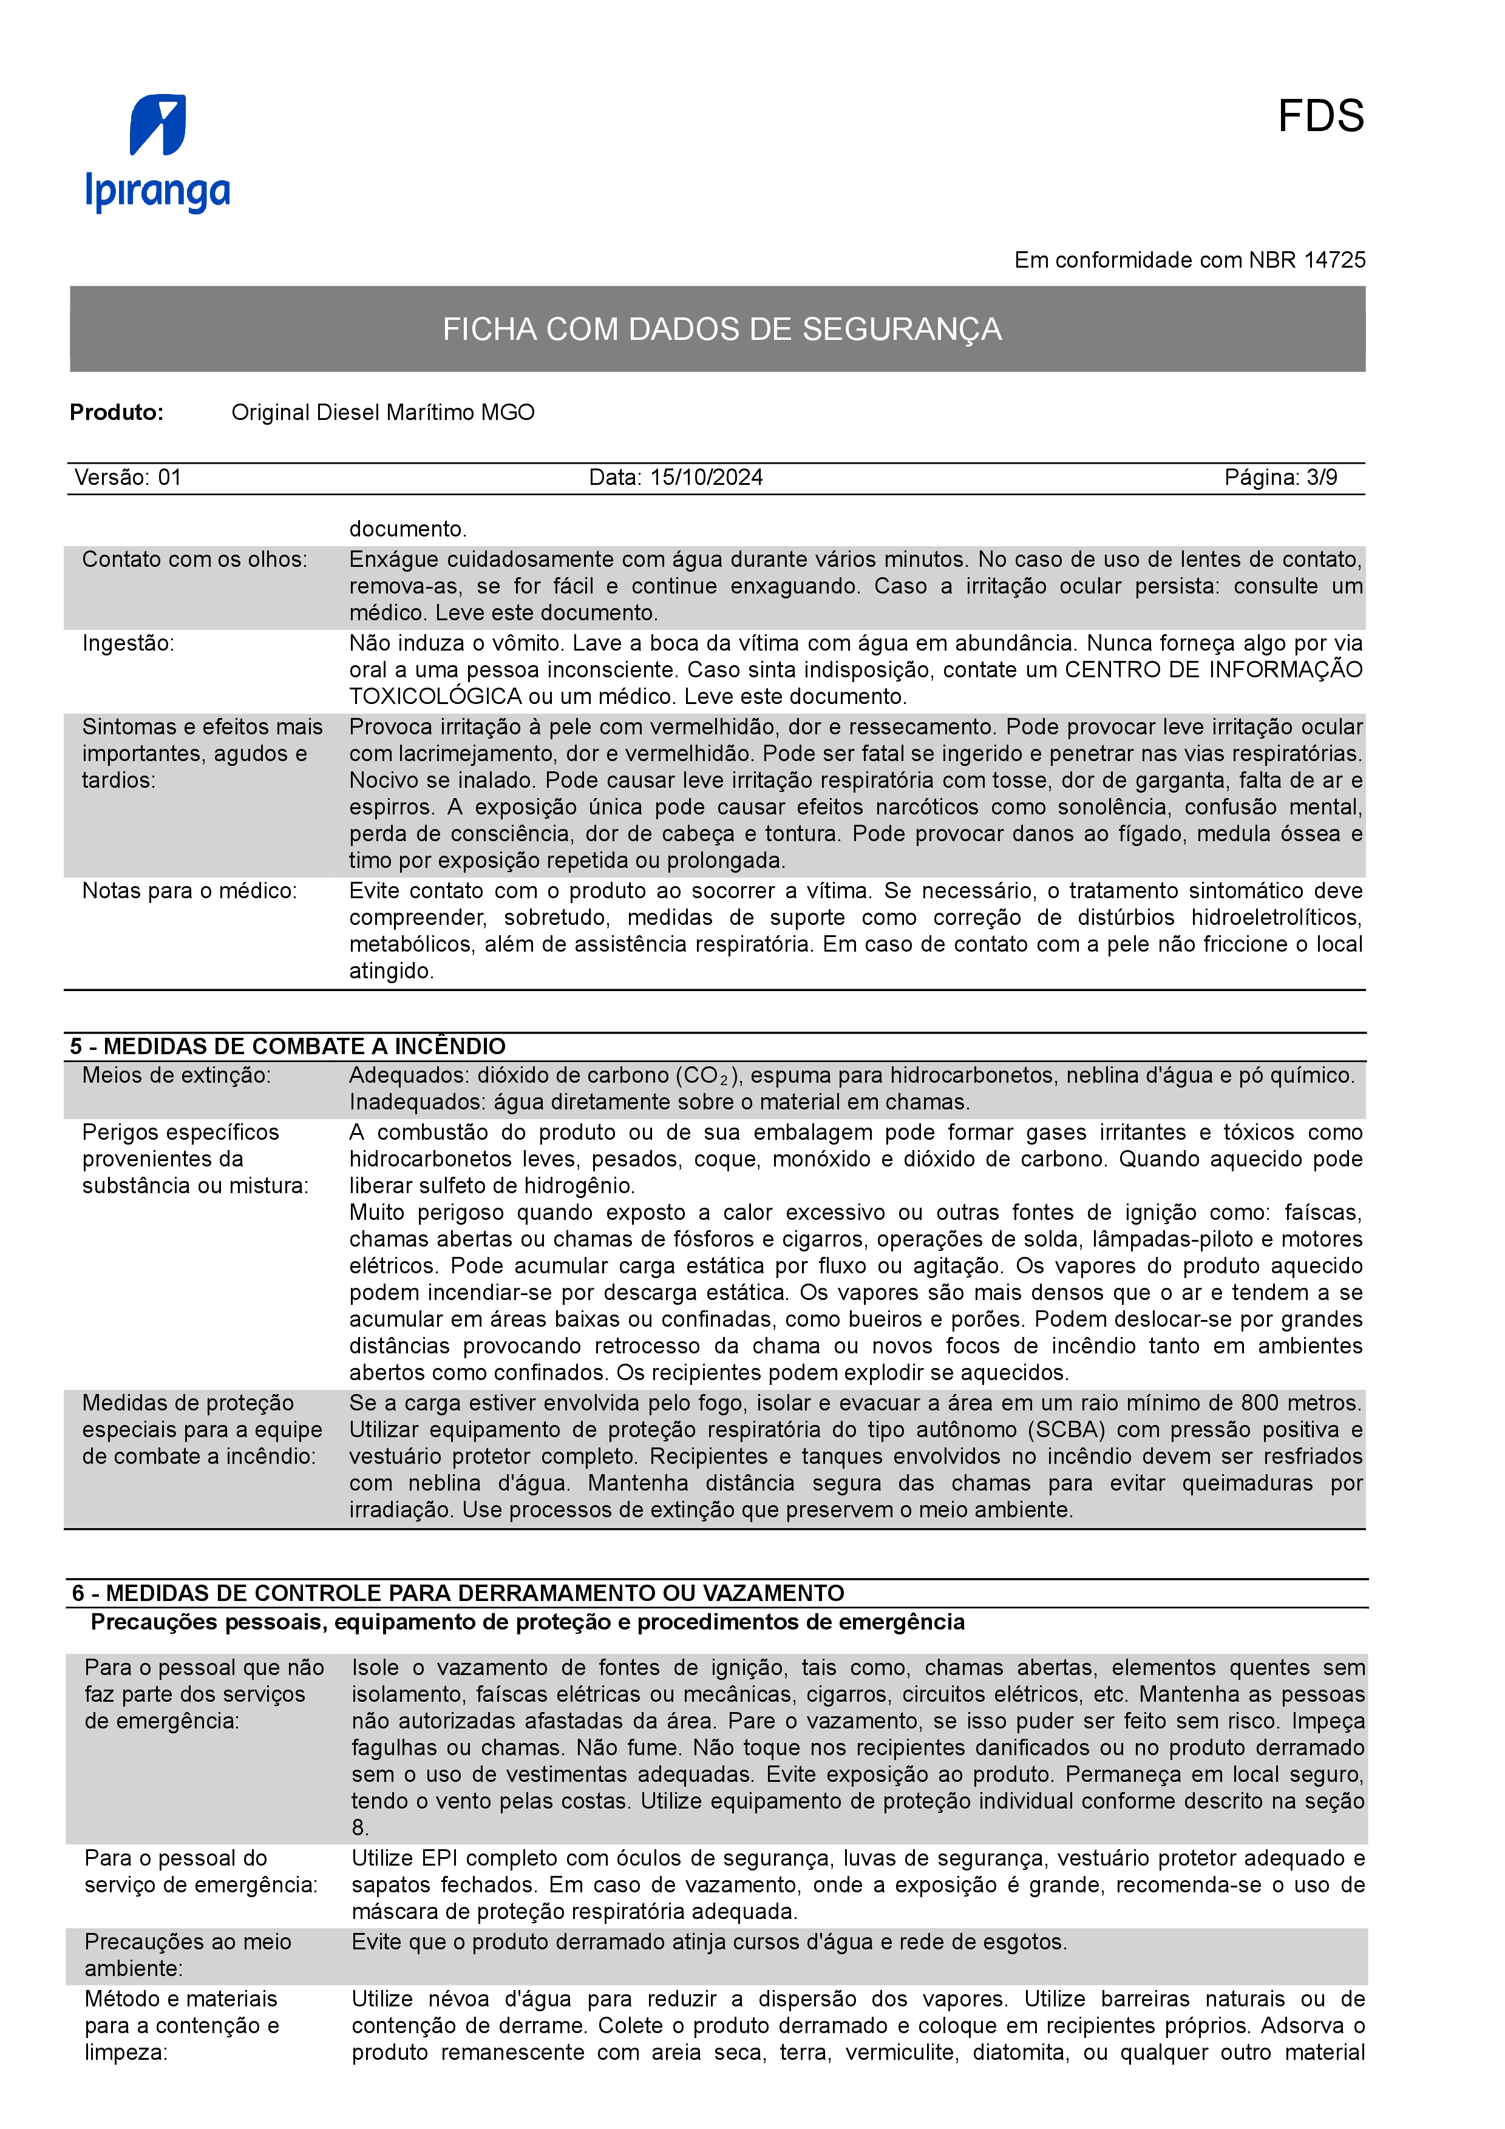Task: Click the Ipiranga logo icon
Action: click(x=158, y=124)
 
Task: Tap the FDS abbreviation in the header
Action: click(x=1320, y=117)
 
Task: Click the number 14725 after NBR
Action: click(x=1334, y=260)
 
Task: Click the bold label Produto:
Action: click(x=117, y=413)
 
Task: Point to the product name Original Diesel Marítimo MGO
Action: click(x=383, y=413)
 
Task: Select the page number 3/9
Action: click(x=1322, y=478)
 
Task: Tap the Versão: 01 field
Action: click(x=128, y=478)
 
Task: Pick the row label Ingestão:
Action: click(x=128, y=643)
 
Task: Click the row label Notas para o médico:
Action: click(x=190, y=891)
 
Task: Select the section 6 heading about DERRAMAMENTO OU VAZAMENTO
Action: click(x=458, y=1594)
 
